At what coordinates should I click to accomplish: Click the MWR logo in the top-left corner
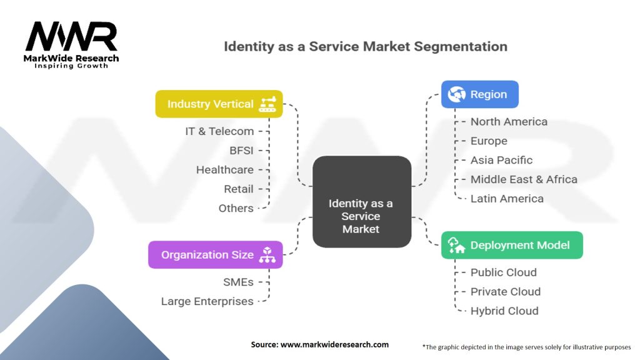coord(72,39)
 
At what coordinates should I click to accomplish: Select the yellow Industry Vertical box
coord(219,104)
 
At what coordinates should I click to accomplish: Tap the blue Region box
coord(480,94)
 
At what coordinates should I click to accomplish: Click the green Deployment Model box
coord(512,245)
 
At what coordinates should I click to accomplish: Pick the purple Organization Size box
coord(215,254)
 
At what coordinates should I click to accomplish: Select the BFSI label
coord(241,151)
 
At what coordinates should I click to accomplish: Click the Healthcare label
coord(225,170)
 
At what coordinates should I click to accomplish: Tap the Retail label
coord(239,189)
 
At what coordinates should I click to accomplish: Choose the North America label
coord(509,122)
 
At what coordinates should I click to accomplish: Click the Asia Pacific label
coord(501,160)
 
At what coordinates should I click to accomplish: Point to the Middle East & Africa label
coord(524,179)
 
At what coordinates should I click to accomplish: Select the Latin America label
coord(507,199)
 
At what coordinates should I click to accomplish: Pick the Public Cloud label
coord(503,272)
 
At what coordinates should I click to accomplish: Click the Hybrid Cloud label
coord(504,311)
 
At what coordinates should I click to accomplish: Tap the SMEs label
coord(238,282)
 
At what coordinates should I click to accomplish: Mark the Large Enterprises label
coord(207,301)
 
